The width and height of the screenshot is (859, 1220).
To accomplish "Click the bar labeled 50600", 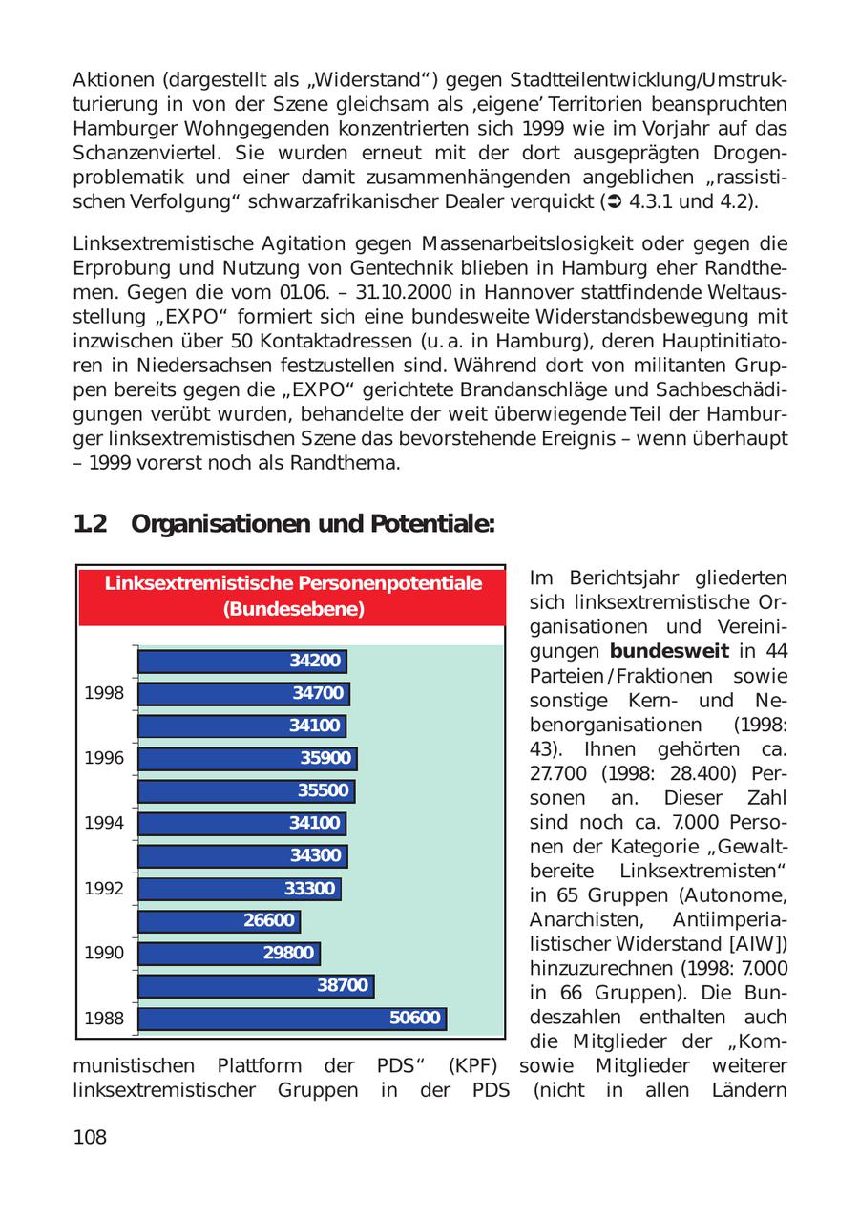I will coord(292,1019).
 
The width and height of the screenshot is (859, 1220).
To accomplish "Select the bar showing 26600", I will coord(220,921).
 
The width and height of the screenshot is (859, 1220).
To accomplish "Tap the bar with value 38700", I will coord(256,986).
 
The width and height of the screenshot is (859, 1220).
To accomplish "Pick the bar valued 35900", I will coord(247,759).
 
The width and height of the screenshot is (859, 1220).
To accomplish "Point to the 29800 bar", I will coord(229,954).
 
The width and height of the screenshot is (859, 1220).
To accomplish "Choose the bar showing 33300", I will coord(240,889).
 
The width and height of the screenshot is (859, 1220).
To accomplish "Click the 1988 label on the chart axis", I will coord(104,1019).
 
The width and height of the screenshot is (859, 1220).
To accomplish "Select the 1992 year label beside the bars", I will coord(104,889).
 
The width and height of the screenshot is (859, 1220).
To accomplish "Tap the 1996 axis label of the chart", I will coord(104,759).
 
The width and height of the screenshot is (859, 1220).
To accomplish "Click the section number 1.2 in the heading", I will coord(91,524).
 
